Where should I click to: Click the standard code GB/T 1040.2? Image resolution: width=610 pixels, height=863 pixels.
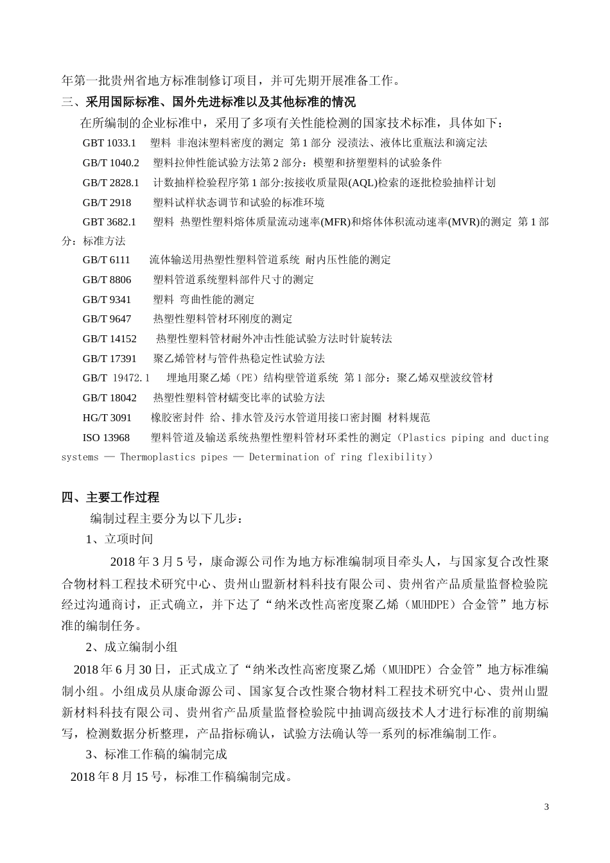110,163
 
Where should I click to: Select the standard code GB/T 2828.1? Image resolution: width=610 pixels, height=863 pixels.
110,183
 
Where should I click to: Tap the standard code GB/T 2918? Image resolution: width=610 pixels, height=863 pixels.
107,203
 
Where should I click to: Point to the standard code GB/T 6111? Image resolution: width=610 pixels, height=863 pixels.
106,260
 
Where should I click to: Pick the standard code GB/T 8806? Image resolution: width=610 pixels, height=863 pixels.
107,280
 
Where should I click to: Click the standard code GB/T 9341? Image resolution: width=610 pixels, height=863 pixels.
107,300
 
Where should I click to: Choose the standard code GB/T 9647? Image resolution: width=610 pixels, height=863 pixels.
107,319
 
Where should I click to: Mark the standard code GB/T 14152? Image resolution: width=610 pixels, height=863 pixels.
109,339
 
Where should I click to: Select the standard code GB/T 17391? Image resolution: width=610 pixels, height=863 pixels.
109,359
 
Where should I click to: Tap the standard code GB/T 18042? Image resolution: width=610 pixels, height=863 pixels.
109,398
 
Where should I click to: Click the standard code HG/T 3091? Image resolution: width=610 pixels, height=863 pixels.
107,418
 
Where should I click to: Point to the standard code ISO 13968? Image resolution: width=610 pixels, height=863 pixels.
106,438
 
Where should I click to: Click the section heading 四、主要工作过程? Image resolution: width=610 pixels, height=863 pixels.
110,498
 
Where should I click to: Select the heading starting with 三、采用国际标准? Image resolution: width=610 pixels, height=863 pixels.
208,101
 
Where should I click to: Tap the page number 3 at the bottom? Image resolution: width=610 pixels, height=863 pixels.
546,807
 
